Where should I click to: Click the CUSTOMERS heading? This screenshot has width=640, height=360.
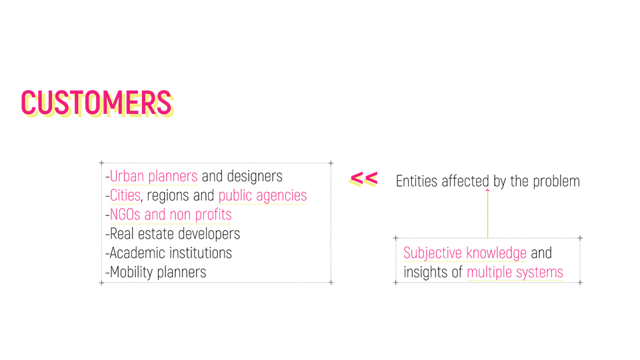(97, 103)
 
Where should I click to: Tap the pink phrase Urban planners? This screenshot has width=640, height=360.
(153, 176)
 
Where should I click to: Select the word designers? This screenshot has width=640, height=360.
(254, 176)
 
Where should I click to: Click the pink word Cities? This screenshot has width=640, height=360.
(125, 195)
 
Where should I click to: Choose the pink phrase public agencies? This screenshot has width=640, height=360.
(263, 195)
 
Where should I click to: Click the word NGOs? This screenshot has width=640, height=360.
(125, 215)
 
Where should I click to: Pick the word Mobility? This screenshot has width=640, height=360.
(131, 272)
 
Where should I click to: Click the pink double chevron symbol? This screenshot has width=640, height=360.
(364, 179)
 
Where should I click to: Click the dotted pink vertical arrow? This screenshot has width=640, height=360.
(488, 213)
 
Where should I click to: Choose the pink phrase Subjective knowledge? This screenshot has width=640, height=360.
(465, 253)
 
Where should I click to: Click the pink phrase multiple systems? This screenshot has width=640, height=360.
(515, 272)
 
